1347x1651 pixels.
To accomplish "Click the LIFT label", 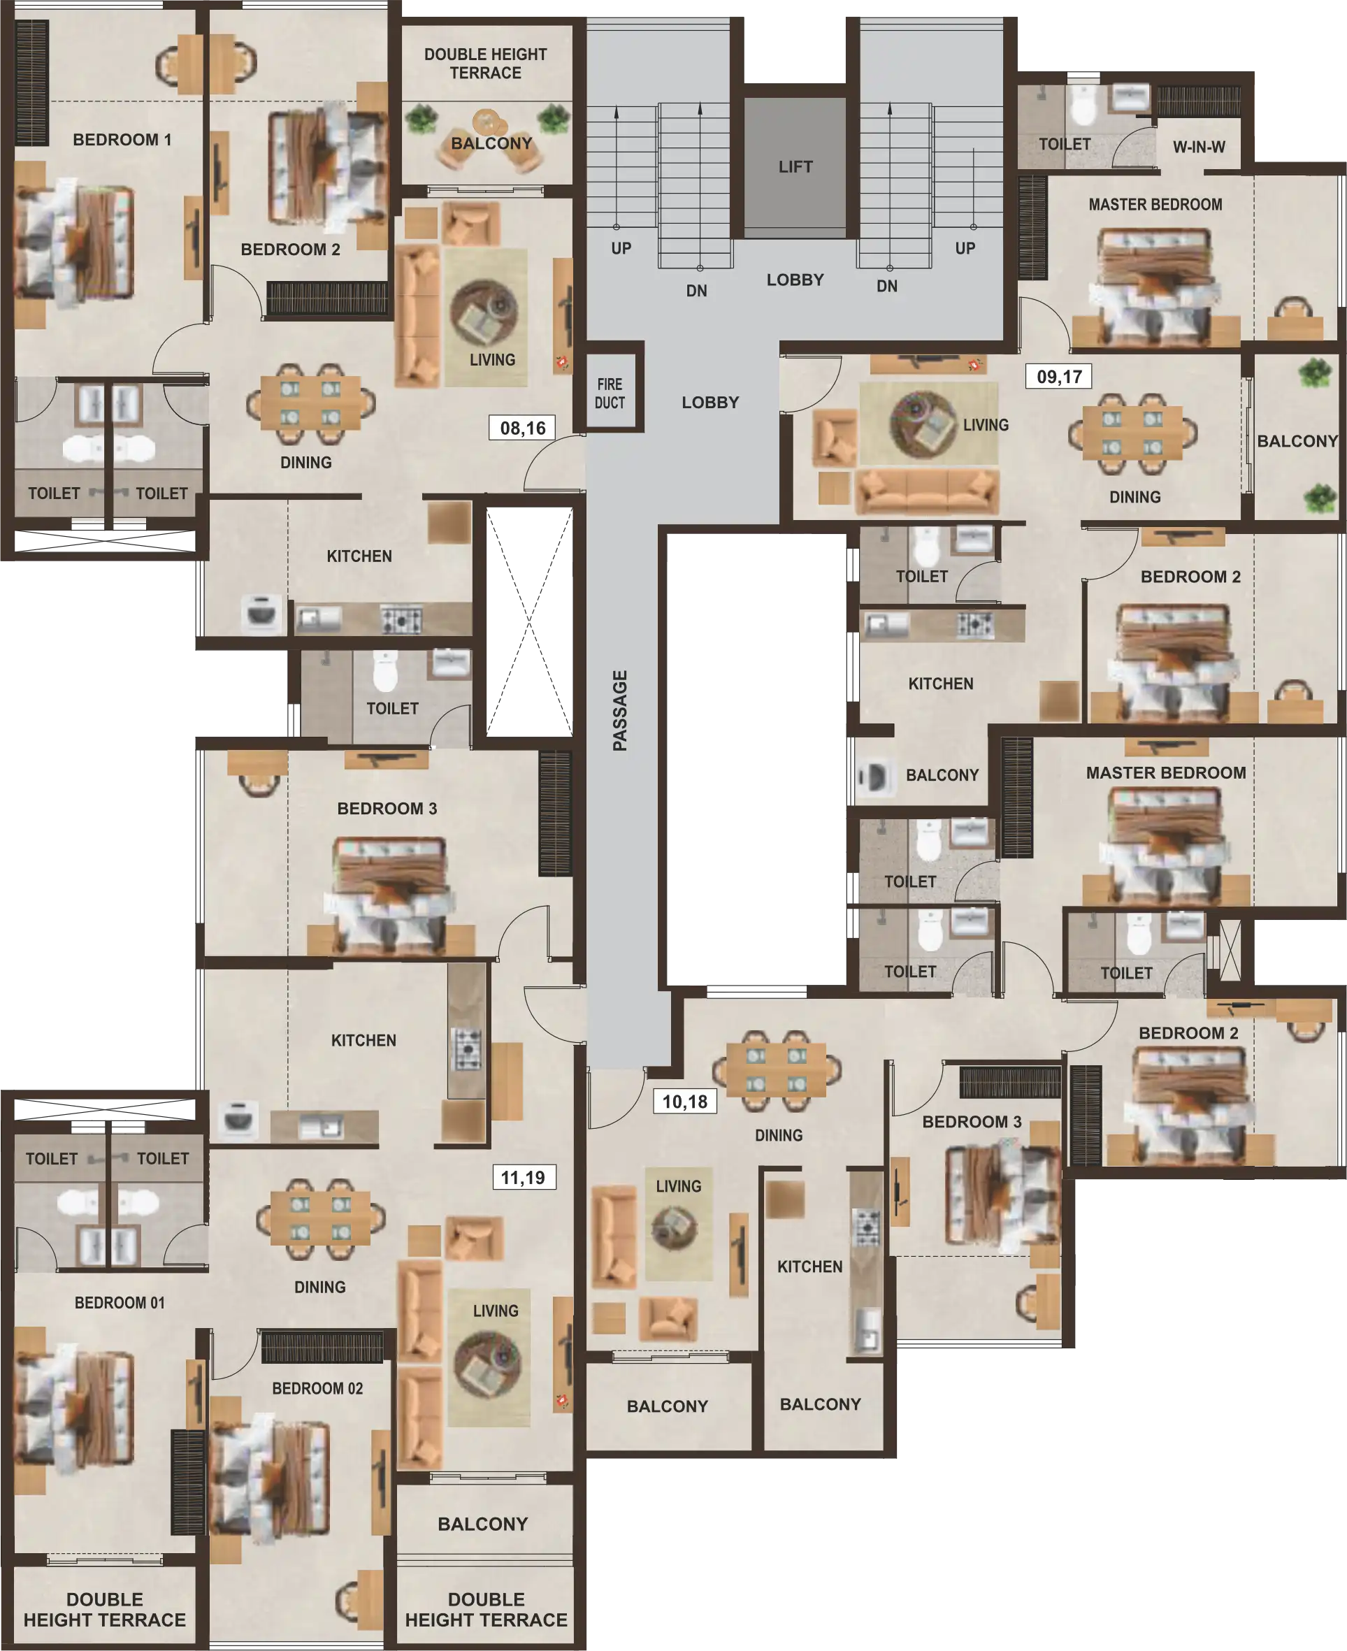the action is click(795, 167).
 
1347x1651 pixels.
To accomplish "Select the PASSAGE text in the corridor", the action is click(619, 711).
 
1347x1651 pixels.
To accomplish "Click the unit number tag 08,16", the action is click(522, 428).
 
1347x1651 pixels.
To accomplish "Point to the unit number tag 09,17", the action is click(1059, 377).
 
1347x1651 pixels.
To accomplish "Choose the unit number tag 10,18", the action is click(684, 1102).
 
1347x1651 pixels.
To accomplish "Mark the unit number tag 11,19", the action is click(523, 1178).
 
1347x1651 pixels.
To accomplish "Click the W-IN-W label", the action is click(1199, 147).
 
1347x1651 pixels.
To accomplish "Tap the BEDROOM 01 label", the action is click(120, 1303).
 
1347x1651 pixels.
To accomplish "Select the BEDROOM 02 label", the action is click(317, 1388).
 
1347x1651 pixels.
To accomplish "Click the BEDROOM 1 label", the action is click(122, 140).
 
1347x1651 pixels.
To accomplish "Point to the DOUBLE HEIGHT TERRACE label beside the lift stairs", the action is click(485, 64).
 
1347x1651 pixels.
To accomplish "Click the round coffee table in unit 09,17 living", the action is click(923, 424).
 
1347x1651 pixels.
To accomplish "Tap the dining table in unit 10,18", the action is click(776, 1071).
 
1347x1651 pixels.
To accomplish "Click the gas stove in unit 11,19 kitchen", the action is click(467, 1048).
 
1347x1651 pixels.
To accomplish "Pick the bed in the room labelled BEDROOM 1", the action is click(73, 243).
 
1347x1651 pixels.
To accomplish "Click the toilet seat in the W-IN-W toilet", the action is click(1081, 108).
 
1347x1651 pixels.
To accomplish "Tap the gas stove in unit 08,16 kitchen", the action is click(401, 620).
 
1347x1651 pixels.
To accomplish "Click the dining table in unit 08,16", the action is click(310, 403).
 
